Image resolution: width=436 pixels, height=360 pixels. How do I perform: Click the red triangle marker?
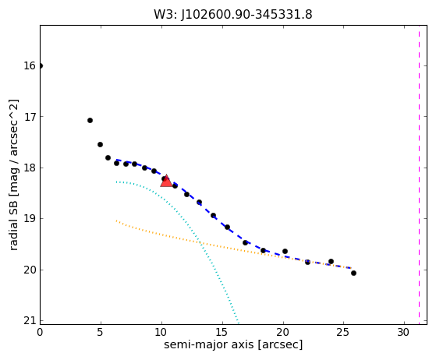[x=166, y=181]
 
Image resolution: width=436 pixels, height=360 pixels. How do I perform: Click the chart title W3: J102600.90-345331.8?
[x=233, y=15]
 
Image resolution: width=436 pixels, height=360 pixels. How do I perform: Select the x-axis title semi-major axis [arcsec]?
[x=233, y=344]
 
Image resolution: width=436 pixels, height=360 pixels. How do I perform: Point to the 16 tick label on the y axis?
[x=30, y=65]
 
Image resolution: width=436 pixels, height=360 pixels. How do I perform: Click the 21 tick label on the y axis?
[x=30, y=320]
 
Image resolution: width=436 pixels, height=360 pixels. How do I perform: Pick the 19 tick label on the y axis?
[x=30, y=219]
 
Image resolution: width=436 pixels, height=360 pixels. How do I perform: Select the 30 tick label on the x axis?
[x=404, y=332]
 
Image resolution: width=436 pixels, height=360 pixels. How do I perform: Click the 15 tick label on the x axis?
[x=222, y=332]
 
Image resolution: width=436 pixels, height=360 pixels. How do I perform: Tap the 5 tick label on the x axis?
[x=101, y=332]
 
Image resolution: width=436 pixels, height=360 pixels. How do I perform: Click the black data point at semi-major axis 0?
[x=41, y=65]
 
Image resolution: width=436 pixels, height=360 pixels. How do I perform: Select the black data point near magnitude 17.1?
[x=90, y=120]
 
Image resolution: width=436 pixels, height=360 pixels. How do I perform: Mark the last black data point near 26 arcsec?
[x=353, y=273]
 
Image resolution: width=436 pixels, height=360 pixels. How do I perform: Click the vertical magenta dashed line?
[x=419, y=175]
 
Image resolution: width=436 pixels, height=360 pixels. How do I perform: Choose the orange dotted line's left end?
[x=116, y=221]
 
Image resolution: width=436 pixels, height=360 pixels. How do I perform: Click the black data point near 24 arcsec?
[x=331, y=261]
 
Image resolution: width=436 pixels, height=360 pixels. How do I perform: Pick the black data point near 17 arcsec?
[x=245, y=242]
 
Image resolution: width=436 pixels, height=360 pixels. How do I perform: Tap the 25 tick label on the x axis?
[x=343, y=332]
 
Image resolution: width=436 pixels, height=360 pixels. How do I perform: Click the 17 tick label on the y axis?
[x=30, y=117]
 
